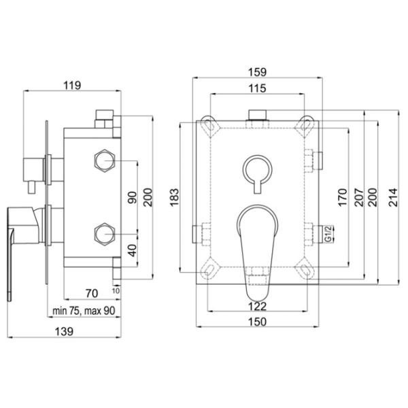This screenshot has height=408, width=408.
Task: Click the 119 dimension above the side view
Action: coord(72,86)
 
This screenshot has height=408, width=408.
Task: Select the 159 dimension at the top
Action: coord(257,72)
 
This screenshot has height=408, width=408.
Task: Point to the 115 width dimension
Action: coord(257,88)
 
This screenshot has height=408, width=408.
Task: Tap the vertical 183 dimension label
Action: coord(174,197)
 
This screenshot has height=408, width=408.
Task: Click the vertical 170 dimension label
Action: coord(343,197)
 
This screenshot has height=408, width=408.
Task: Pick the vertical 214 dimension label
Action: coord(393,197)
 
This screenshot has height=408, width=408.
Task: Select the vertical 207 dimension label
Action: coord(359,197)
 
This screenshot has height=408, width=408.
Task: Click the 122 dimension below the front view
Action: coord(257,306)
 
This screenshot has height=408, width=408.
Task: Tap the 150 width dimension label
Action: coord(257,322)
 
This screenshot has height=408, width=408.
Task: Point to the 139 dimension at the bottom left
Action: coord(64,332)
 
